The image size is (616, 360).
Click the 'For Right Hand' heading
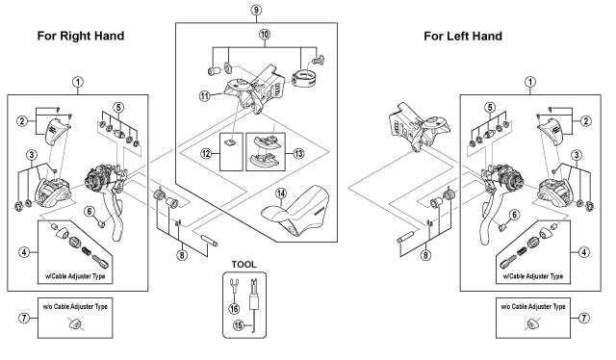(81, 36)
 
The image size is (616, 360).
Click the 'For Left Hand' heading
(463, 37)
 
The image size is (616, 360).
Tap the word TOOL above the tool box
(244, 265)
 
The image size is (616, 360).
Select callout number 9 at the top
(256, 10)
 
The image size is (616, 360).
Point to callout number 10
(265, 35)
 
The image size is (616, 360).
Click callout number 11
(205, 95)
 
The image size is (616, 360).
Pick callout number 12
(206, 154)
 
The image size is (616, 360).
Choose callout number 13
(298, 153)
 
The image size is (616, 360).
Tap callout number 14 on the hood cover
(281, 193)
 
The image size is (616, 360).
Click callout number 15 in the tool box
(239, 325)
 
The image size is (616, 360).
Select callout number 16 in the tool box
(234, 309)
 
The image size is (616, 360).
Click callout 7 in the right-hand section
(24, 318)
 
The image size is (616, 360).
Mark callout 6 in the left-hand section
(515, 215)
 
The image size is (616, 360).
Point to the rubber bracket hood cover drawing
(296, 211)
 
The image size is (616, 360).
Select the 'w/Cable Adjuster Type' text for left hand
(533, 276)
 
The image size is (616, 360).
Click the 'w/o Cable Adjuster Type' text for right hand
(75, 306)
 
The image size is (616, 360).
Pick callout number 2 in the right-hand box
(22, 120)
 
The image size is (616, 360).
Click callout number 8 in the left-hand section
(425, 255)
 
